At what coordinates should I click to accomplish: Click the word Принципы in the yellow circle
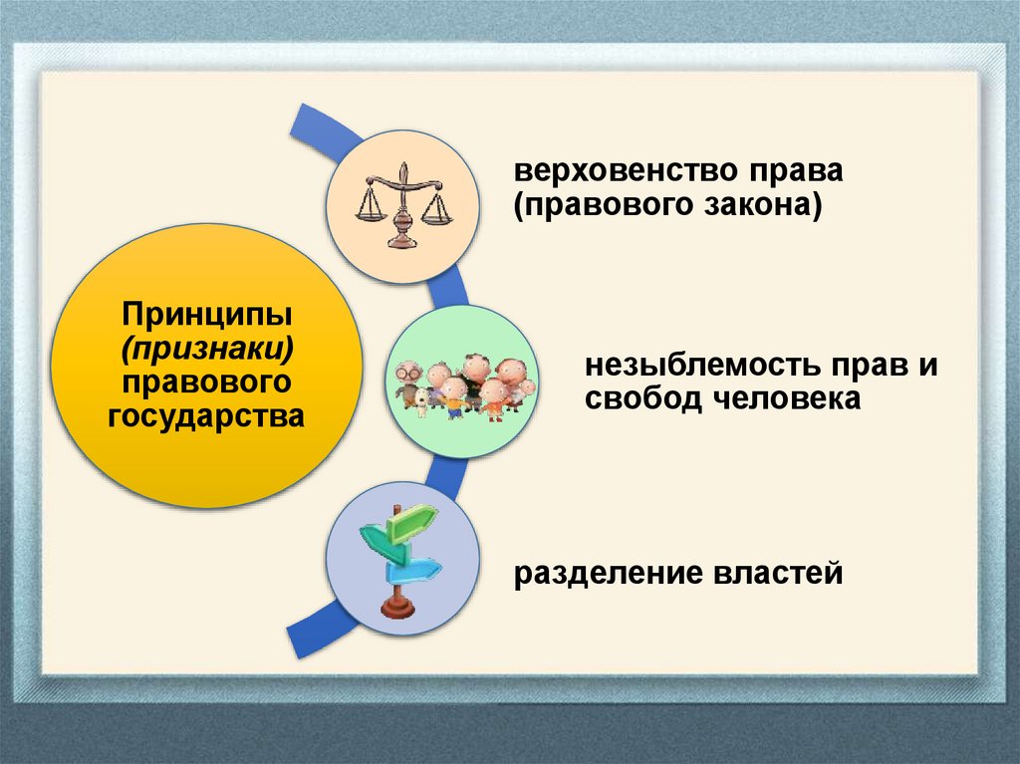coord(207,316)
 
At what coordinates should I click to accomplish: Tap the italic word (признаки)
coord(207,348)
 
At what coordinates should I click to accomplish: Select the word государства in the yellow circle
coord(207,413)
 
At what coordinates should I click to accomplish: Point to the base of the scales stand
coord(402,241)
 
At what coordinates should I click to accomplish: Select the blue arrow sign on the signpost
coord(416,569)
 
